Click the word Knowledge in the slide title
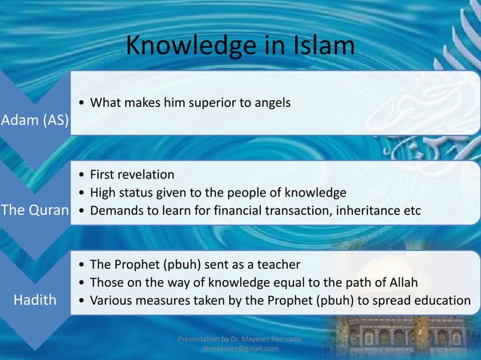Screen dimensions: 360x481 pos(192,46)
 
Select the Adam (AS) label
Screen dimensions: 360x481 pos(35,121)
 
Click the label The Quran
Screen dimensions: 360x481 pos(35,210)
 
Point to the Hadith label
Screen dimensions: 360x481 pos(35,300)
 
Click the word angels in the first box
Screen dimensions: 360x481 pos(272,102)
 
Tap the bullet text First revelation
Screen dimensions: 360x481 pos(132,174)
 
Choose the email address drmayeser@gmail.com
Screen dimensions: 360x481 pos(240,349)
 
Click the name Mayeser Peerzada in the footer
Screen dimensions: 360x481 pos(277,340)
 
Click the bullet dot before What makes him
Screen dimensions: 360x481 pos(81,102)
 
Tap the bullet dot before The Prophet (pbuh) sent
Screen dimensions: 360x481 pos(81,265)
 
